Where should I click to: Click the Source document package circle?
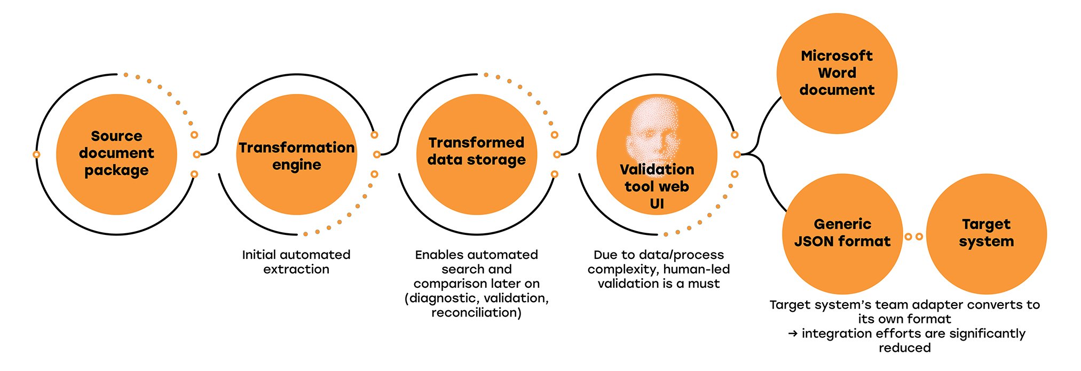[116, 154]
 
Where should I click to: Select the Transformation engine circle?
[296, 155]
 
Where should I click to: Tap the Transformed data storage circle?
[476, 154]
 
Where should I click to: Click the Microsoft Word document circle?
[837, 73]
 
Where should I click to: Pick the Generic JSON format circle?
[842, 233]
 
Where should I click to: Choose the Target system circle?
[986, 233]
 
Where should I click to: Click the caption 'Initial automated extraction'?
[296, 262]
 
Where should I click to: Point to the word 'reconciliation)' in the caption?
[476, 312]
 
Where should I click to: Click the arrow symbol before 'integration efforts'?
[793, 334]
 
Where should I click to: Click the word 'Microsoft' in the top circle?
[837, 56]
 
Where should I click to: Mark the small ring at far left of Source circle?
[36, 154]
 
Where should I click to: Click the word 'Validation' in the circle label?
[657, 169]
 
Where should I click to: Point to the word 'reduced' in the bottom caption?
[904, 348]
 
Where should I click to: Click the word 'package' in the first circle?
[116, 171]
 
